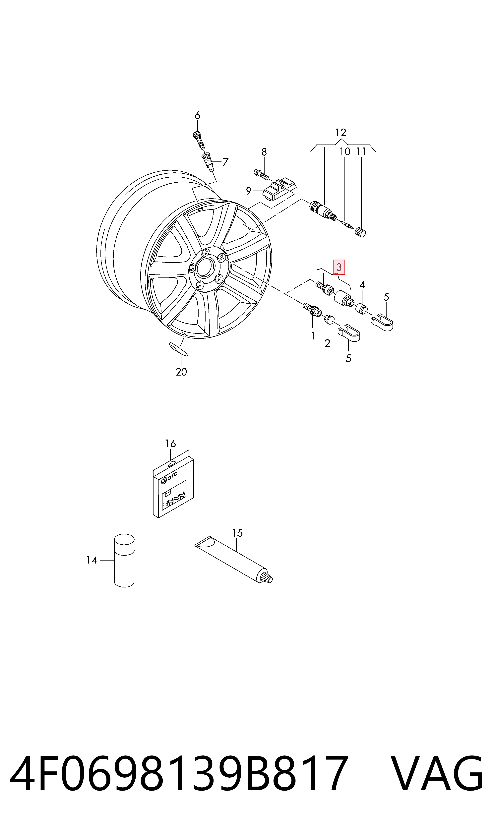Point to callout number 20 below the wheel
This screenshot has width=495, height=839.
[181, 372]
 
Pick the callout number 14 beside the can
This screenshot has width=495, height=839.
[92, 560]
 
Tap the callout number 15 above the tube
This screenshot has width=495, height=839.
[237, 533]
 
